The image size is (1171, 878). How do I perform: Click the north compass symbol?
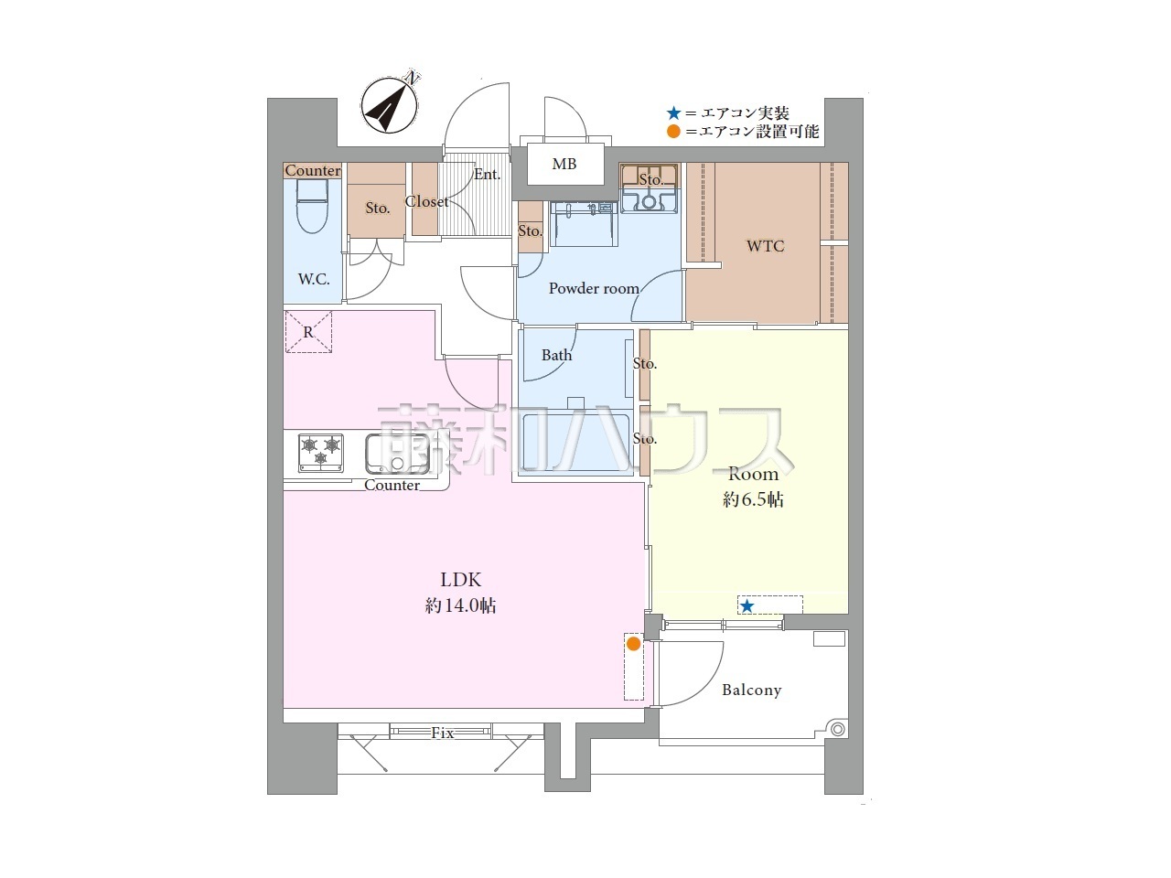click(x=390, y=104)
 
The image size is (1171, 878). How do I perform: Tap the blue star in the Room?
click(x=747, y=605)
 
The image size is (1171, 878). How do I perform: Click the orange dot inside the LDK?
click(x=633, y=644)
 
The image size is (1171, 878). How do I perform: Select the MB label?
click(x=564, y=164)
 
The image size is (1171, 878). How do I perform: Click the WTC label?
click(x=765, y=246)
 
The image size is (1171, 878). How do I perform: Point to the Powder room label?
click(x=594, y=288)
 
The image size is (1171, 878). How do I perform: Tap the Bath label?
click(x=556, y=355)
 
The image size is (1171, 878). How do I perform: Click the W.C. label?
click(x=314, y=279)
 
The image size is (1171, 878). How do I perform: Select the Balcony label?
click(x=752, y=690)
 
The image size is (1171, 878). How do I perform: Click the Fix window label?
click(x=442, y=733)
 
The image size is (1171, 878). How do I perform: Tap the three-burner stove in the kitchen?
click(x=320, y=453)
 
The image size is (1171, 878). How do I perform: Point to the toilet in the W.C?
click(x=313, y=205)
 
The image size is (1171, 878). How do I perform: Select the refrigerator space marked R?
click(x=308, y=332)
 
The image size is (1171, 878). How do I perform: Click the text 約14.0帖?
click(x=460, y=605)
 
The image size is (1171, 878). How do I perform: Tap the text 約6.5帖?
click(x=753, y=499)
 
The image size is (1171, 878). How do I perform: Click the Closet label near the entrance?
click(x=427, y=201)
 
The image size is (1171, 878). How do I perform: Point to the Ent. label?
click(x=487, y=175)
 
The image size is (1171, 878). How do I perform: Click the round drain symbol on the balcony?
click(x=837, y=729)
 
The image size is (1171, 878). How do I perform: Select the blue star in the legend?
click(x=674, y=113)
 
